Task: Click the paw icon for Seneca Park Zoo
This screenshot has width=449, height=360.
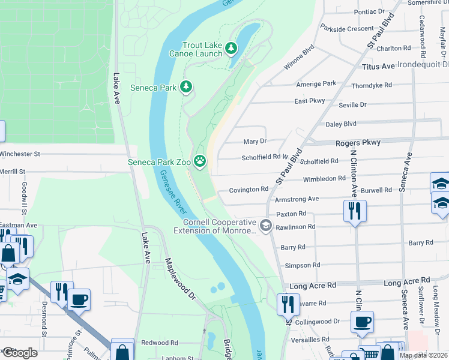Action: coord(199,161)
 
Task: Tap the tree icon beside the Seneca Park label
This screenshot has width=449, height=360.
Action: coord(186,88)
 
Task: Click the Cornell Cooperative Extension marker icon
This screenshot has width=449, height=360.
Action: coord(267,226)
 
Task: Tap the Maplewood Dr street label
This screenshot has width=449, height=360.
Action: coord(181,279)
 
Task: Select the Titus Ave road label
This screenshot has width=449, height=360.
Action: coord(378,66)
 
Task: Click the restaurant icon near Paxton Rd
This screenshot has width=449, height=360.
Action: coord(355,211)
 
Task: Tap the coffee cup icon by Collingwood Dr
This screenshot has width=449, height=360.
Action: coord(362,322)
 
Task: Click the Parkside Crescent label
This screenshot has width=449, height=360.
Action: coord(347,28)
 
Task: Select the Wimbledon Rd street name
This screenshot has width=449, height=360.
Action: coord(324,178)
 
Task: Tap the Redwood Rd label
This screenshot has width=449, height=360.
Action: coord(159,343)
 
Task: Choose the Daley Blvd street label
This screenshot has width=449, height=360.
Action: coord(341,124)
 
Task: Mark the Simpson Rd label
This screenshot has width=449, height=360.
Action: coord(298,265)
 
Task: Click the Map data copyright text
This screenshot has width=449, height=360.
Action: coord(423,355)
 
